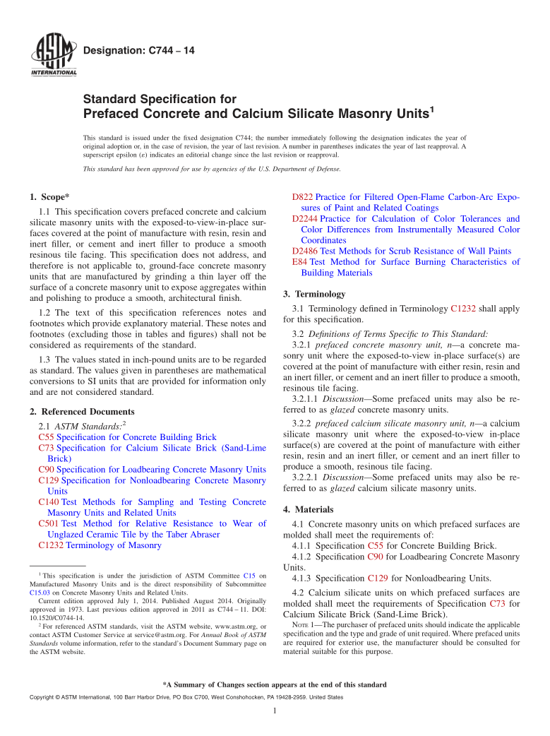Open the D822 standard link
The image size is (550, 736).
(302, 196)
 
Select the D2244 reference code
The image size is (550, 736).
(305, 219)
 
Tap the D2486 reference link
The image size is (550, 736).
(305, 251)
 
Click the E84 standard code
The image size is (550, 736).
(299, 261)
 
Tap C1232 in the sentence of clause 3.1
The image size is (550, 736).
(462, 309)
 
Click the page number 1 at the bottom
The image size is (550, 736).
(275, 711)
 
